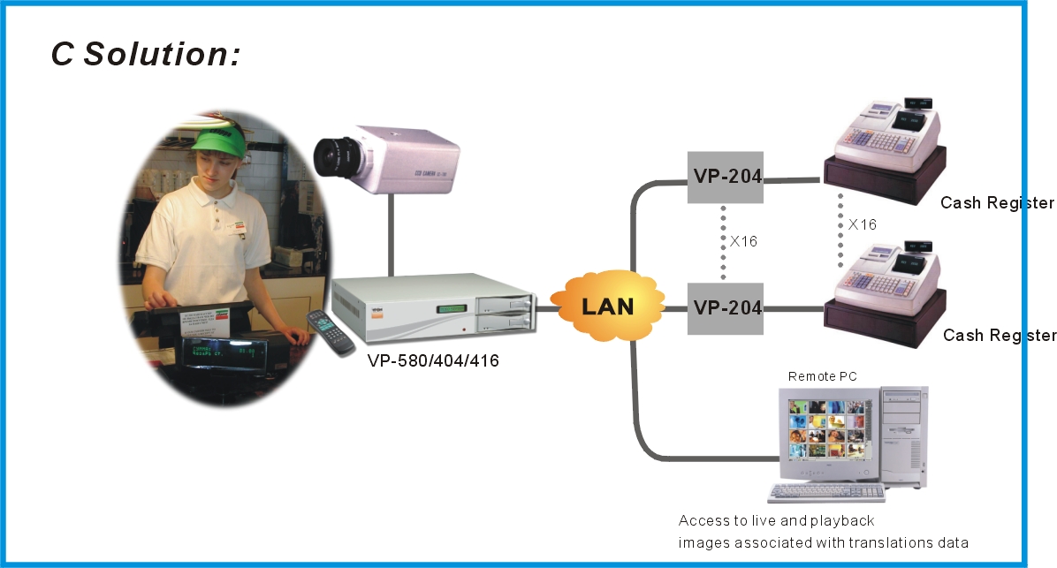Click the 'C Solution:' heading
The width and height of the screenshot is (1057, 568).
click(146, 53)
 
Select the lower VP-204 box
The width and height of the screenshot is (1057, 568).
click(726, 307)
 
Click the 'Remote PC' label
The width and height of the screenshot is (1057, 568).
click(822, 377)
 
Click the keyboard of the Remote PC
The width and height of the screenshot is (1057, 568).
click(825, 494)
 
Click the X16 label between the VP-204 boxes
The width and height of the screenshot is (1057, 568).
click(743, 240)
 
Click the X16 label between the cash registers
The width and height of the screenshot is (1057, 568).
click(862, 225)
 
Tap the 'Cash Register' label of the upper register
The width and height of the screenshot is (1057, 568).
click(997, 203)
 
